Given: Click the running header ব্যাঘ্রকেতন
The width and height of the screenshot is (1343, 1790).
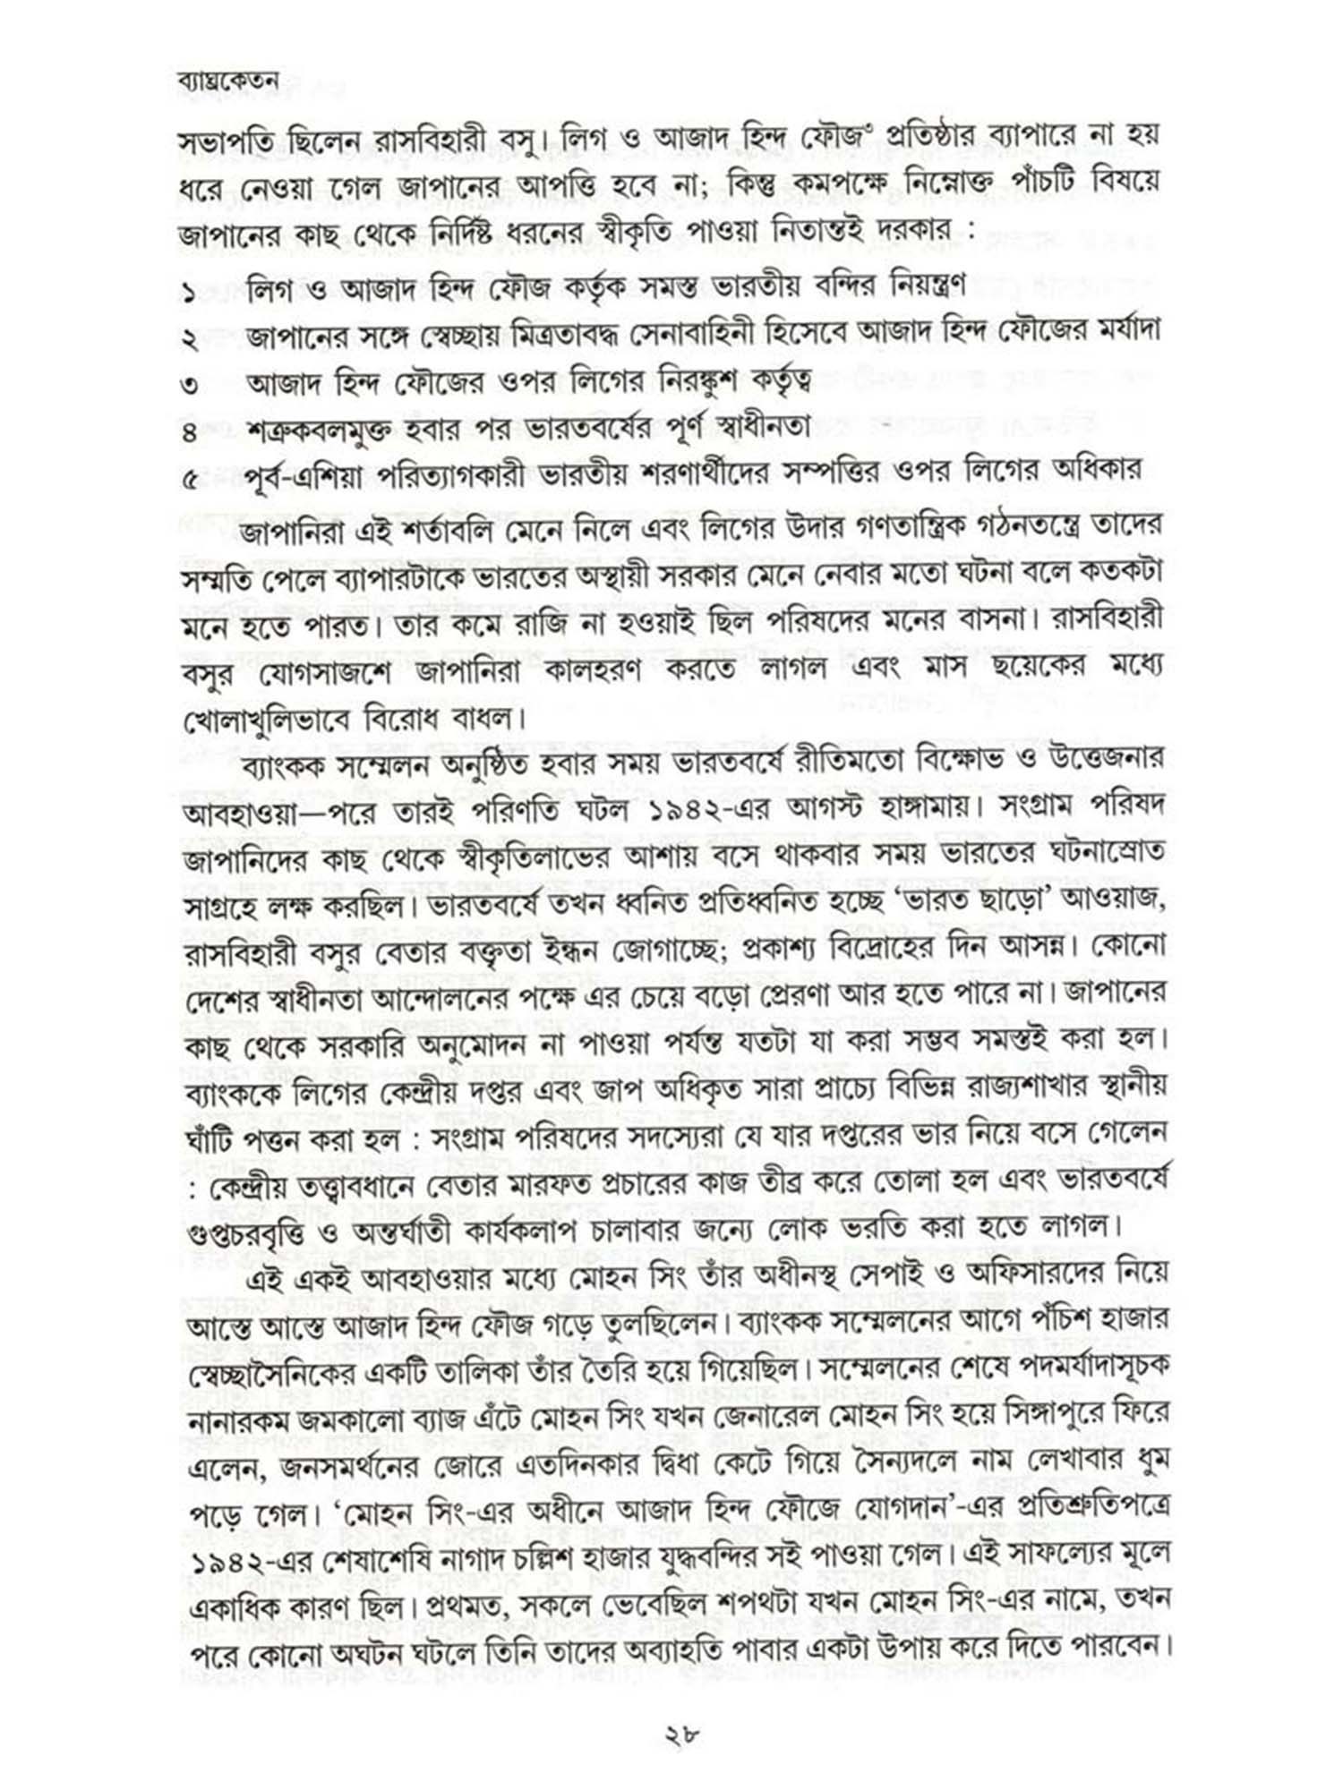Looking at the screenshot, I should (228, 81).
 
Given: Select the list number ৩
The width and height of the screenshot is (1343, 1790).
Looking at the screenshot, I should (190, 387).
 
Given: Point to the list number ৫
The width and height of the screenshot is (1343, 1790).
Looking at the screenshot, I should (190, 481).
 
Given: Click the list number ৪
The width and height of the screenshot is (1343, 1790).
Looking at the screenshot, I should (190, 434).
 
